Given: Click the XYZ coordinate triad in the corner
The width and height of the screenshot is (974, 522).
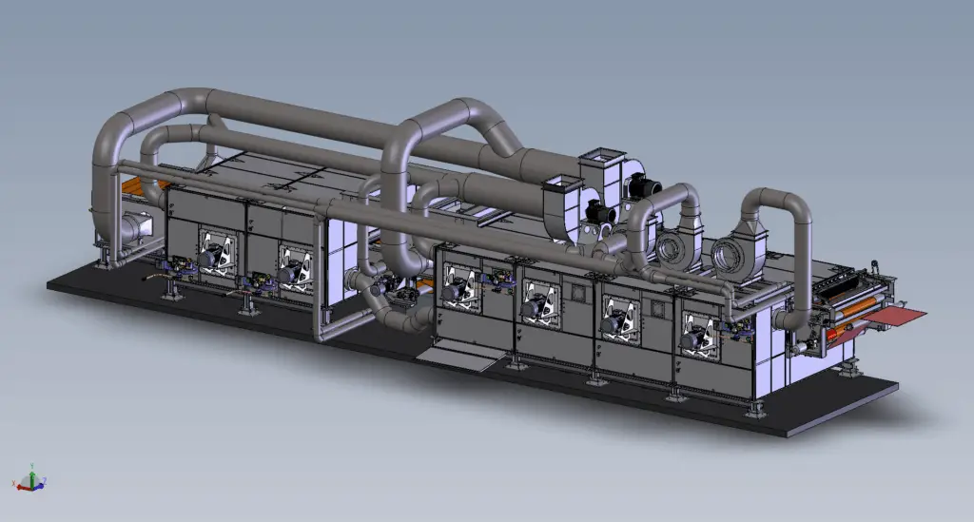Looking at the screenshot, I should pos(30,480).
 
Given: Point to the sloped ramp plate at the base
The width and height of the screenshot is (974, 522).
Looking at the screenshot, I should pos(455,358).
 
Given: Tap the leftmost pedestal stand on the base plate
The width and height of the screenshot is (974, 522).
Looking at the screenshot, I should pos(172,287).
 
